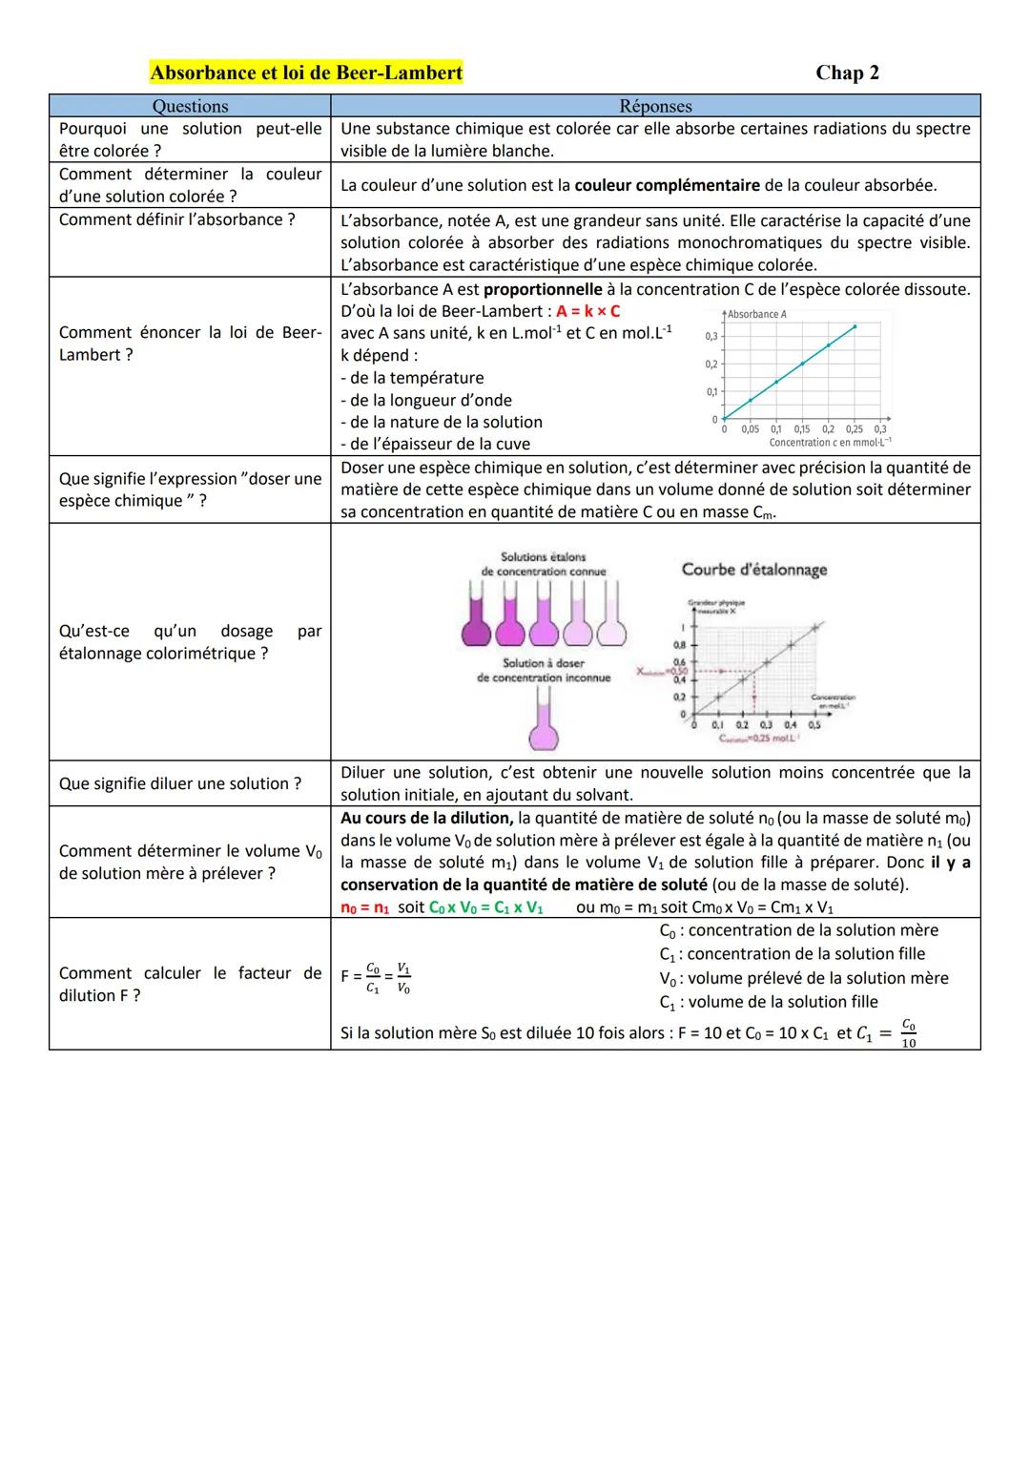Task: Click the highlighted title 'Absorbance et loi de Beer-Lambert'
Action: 306,73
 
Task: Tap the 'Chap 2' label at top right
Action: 847,73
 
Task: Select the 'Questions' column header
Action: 190,106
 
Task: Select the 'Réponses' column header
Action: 655,106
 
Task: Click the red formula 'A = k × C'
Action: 587,311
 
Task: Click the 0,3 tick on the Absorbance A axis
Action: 711,336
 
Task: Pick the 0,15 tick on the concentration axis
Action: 801,429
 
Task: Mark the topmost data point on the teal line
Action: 855,326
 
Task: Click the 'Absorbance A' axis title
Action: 756,314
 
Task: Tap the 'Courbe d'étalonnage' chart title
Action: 753,570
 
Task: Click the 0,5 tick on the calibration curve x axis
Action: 814,725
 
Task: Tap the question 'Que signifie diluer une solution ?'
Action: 180,783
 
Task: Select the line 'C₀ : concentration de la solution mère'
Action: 798,930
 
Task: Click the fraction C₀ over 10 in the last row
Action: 908,1033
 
